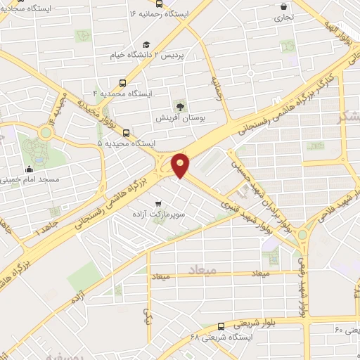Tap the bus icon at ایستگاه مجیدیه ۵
click(126, 132)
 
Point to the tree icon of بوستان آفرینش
click(181, 107)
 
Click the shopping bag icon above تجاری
click(283, 6)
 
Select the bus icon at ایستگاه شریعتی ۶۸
click(221, 326)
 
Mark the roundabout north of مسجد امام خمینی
click(46, 131)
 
